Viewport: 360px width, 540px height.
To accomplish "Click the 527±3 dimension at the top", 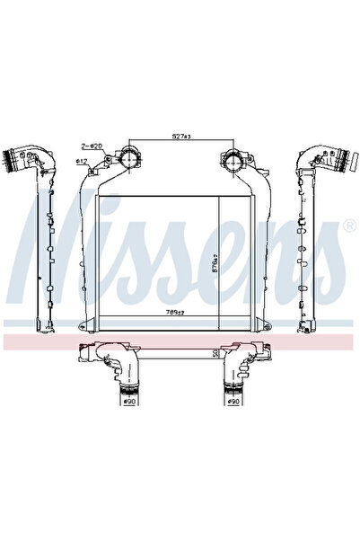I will click(x=182, y=137).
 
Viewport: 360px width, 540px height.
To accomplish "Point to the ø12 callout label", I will click(x=81, y=161).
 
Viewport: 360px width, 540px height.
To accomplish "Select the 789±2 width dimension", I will click(x=175, y=313).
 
